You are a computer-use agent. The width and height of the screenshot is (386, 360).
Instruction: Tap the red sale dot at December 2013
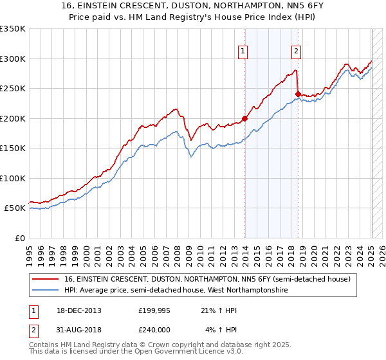click(x=245, y=118)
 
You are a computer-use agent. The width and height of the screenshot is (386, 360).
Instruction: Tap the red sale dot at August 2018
click(x=298, y=94)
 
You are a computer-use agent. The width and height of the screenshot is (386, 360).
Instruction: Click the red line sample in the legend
click(x=46, y=279)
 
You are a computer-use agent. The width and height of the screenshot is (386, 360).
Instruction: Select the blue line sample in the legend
click(x=46, y=291)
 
